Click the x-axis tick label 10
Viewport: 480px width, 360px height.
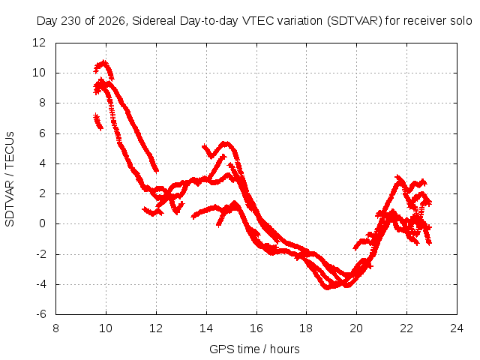pyautogui.click(x=106, y=328)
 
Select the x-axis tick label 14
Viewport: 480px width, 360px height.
pyautogui.click(x=206, y=328)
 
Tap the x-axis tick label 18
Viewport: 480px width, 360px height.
pyautogui.click(x=306, y=328)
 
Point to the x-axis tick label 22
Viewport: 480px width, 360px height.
pyautogui.click(x=406, y=328)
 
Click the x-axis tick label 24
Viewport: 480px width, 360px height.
pyautogui.click(x=457, y=328)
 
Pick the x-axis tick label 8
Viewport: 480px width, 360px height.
pyautogui.click(x=55, y=328)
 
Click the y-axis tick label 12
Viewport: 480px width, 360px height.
pyautogui.click(x=39, y=43)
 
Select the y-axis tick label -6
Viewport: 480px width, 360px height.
pyautogui.click(x=40, y=314)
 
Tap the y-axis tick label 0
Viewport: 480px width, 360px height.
pyautogui.click(x=42, y=223)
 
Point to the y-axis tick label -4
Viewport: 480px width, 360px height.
pyautogui.click(x=40, y=284)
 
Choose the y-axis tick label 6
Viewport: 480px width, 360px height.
pyautogui.click(x=42, y=133)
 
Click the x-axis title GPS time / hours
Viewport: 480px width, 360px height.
pyautogui.click(x=254, y=349)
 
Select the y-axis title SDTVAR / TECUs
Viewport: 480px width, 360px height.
pyautogui.click(x=10, y=179)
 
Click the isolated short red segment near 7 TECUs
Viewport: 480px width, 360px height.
pyautogui.click(x=98, y=121)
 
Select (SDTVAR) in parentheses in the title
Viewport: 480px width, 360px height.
pyautogui.click(x=355, y=21)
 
